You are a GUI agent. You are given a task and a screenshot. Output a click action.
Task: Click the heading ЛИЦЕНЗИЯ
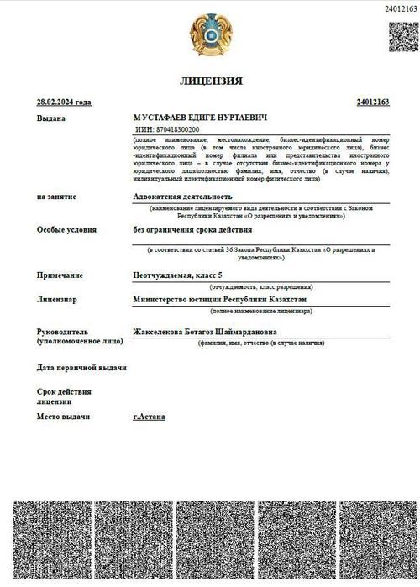211,81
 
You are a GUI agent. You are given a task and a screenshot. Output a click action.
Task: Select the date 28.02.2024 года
64,102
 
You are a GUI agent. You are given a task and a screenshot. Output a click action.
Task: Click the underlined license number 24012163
373,102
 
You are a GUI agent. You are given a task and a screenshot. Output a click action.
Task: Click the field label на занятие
56,196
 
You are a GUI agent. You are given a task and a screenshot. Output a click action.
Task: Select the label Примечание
60,275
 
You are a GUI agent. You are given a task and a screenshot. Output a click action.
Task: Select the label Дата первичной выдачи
81,368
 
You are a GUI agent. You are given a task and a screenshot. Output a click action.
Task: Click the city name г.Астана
150,417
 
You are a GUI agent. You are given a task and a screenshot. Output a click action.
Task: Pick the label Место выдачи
63,417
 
